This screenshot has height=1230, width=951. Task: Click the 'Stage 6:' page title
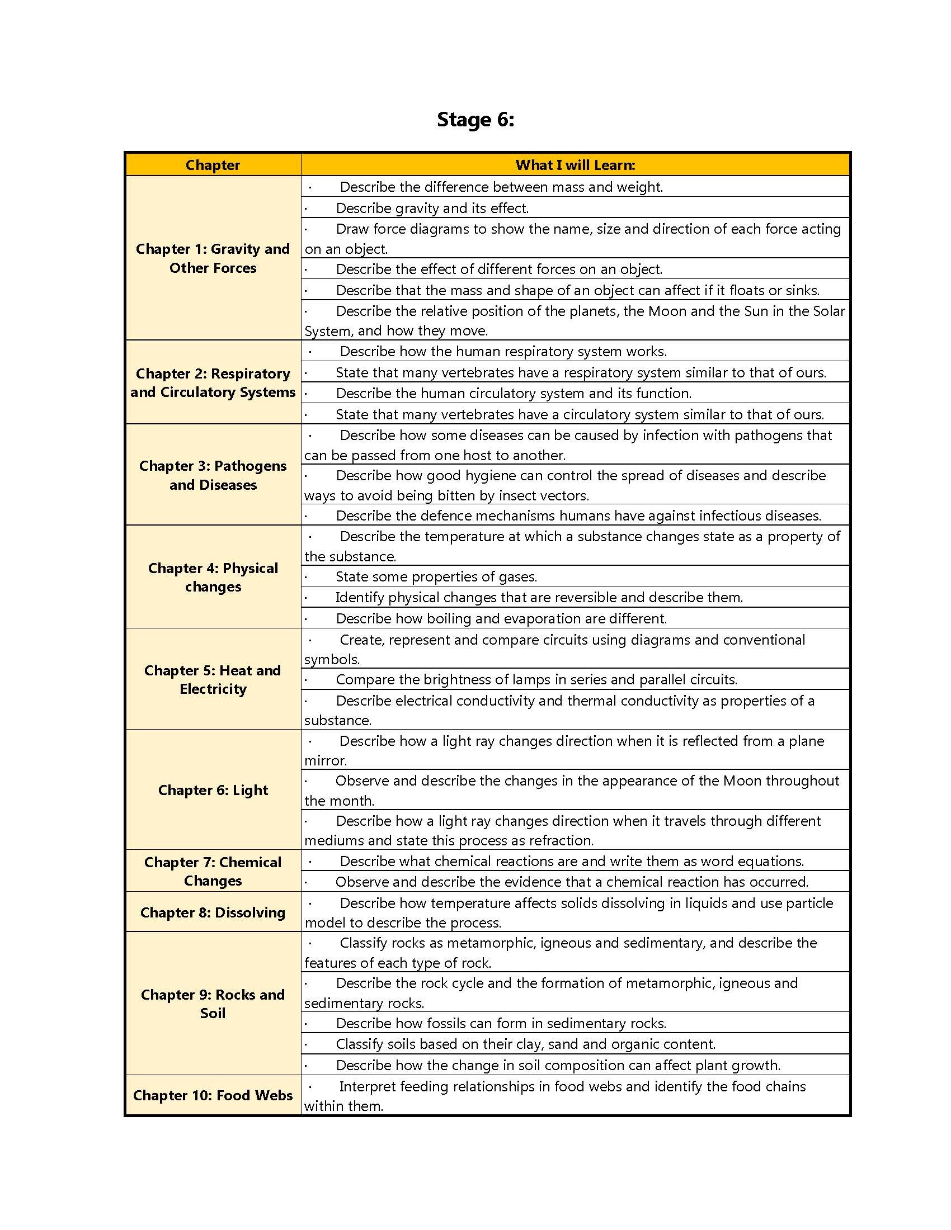point(475,120)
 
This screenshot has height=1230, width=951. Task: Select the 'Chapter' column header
point(213,165)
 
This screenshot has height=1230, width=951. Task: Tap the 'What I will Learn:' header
point(575,165)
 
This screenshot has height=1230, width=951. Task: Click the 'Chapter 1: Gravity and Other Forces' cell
point(213,258)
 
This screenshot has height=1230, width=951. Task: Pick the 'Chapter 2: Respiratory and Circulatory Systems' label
point(213,382)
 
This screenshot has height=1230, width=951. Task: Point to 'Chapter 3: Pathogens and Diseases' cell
point(213,475)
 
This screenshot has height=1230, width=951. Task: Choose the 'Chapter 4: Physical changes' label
point(213,577)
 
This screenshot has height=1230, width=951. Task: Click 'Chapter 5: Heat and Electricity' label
point(213,679)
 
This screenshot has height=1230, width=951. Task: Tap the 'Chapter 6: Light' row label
point(213,789)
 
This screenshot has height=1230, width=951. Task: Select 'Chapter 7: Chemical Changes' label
point(213,871)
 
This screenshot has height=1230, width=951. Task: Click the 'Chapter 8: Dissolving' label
point(213,912)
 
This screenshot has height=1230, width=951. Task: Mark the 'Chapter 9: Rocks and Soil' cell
point(213,1004)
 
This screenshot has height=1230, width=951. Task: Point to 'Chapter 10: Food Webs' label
point(213,1095)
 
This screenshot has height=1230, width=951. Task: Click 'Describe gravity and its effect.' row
point(432,208)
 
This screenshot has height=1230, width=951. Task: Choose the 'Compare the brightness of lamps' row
point(536,679)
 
